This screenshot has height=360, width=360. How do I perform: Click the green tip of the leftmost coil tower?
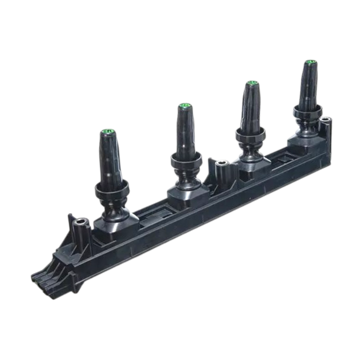(x=108, y=131)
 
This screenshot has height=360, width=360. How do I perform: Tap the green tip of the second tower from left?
(x=184, y=105)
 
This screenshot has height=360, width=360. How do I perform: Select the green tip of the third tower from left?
(x=252, y=83)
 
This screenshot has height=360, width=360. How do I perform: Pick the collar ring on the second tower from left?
(x=186, y=160)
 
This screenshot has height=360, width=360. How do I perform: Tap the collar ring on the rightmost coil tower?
(x=307, y=111)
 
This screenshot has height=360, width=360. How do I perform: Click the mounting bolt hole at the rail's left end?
(x=81, y=222)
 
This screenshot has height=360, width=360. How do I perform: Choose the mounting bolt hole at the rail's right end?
(x=325, y=120)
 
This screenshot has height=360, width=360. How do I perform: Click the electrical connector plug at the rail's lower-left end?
(x=44, y=278)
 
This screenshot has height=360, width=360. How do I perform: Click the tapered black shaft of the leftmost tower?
(x=109, y=158)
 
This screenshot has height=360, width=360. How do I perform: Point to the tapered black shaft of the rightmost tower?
(x=309, y=84)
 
